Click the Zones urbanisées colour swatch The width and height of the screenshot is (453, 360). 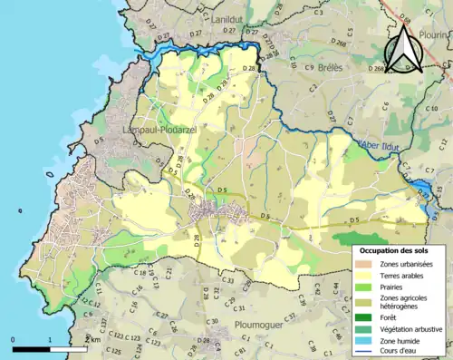tap(363, 264)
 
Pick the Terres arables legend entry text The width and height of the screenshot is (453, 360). tap(404, 276)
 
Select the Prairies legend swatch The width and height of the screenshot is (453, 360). tap(363, 288)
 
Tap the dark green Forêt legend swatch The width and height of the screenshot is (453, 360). tap(363, 318)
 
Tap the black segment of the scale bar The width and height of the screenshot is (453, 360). tap(31, 347)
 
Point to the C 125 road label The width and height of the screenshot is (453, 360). tap(114, 350)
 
